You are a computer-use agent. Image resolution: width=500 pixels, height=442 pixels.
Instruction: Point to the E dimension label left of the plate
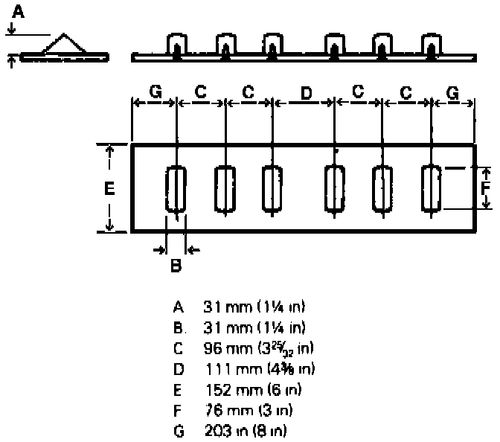tap(109, 189)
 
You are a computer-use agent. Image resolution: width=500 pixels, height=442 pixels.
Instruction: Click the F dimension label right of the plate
tap(485, 188)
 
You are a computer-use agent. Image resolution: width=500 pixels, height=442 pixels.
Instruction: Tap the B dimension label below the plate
tap(176, 264)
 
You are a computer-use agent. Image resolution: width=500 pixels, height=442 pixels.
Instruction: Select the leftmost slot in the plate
tap(176, 191)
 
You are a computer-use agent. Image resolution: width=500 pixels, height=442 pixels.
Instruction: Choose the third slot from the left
tap(272, 188)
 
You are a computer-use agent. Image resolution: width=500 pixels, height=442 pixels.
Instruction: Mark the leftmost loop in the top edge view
tap(176, 45)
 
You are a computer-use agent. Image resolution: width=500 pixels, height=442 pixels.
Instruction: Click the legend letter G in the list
tap(177, 430)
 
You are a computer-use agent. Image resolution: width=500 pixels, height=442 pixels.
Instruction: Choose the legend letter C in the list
tap(177, 347)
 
